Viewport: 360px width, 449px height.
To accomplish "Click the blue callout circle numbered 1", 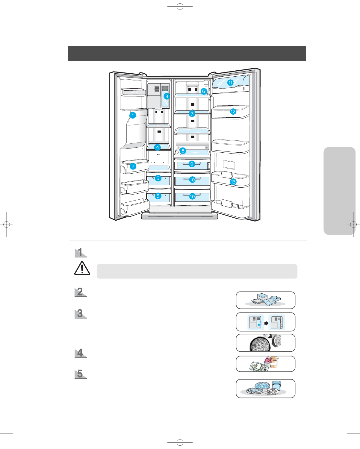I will [133, 115].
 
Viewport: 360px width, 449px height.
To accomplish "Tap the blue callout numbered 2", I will [133, 166].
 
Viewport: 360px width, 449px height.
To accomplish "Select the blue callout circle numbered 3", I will [167, 96].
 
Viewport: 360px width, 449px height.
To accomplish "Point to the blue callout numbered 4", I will [158, 147].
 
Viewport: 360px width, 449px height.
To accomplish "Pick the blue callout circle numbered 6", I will [204, 91].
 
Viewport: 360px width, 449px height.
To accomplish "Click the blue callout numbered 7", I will [192, 114].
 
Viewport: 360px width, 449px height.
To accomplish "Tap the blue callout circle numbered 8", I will [183, 151].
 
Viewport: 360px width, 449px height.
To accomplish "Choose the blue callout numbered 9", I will [192, 164].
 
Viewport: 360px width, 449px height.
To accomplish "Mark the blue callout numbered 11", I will [230, 83].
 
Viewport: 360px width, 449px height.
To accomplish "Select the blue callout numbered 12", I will [233, 112].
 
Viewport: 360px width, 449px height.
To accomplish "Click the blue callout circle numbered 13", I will [233, 182].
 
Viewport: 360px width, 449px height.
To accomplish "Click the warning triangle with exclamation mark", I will [82, 268].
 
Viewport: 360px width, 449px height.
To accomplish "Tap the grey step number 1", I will [80, 252].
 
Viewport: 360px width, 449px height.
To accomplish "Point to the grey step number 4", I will [80, 353].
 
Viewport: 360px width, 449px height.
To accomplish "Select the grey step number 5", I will [80, 374].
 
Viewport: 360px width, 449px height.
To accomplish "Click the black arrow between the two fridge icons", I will [266, 323].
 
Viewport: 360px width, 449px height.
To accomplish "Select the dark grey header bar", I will [187, 53].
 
